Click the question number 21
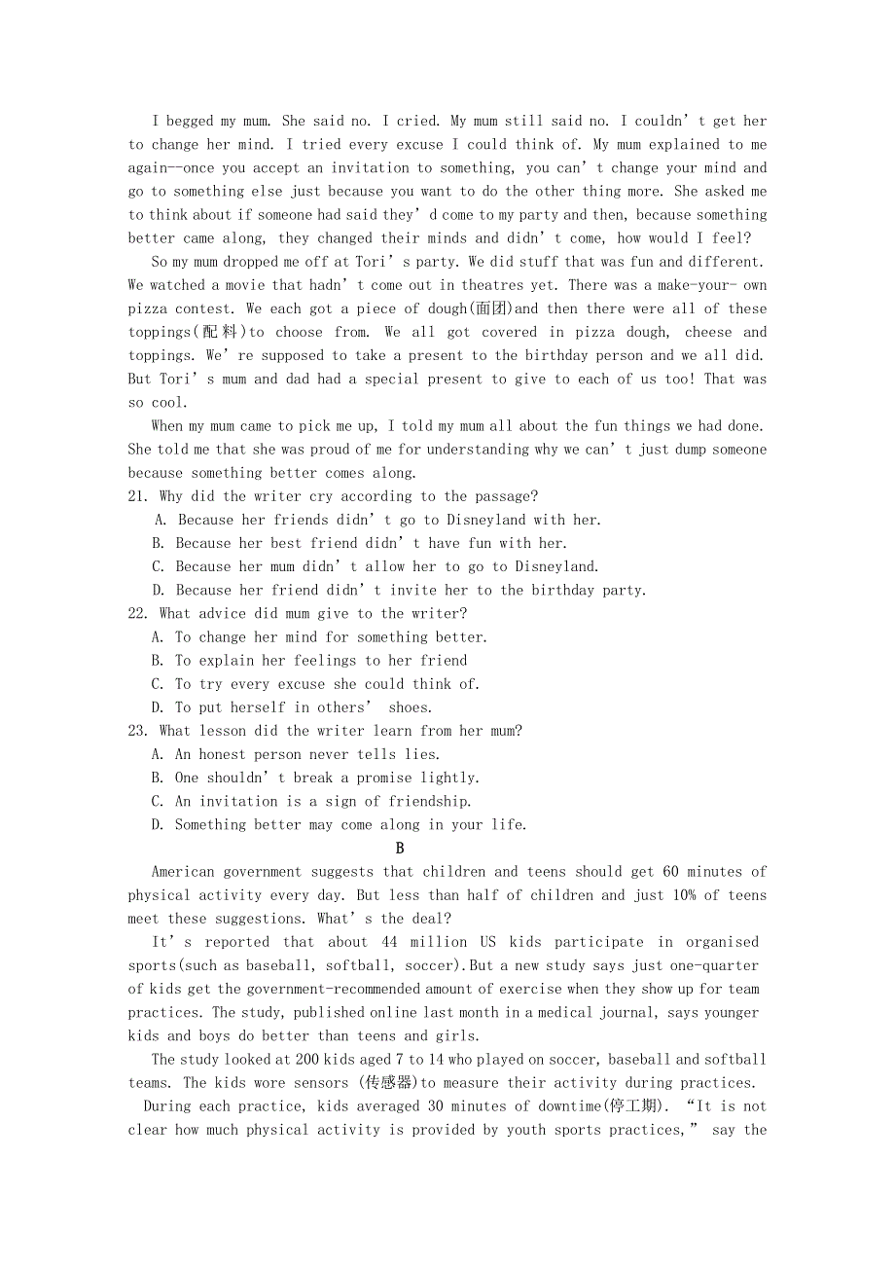(137, 496)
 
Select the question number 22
(137, 613)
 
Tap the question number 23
(137, 731)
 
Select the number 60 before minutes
(670, 872)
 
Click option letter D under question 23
(158, 824)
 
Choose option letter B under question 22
(158, 660)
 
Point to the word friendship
(430, 801)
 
